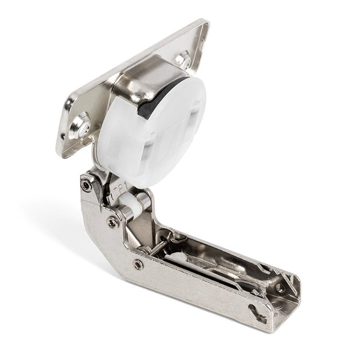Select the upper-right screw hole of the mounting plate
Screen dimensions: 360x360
pos(182,58)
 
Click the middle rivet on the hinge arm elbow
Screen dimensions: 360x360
pos(112,222)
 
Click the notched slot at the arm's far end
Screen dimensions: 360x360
pos(255,311)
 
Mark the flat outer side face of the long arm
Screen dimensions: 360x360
pos(195,288)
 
